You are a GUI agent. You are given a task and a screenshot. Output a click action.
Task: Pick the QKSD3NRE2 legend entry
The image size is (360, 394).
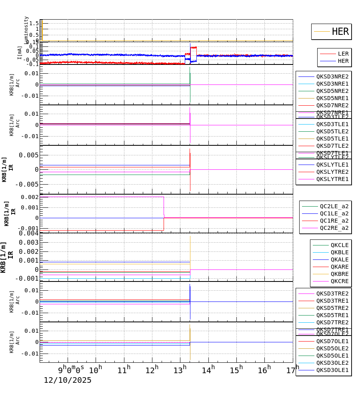332,76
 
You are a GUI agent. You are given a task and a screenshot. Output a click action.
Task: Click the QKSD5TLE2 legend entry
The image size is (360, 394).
332,131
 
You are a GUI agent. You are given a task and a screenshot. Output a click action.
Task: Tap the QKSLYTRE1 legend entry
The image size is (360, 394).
332,179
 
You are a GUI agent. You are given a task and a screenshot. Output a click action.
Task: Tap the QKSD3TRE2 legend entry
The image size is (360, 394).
332,293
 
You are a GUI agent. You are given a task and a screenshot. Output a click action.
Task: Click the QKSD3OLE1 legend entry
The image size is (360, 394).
332,370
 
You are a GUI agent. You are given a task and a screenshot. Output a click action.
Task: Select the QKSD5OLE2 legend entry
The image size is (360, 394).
332,348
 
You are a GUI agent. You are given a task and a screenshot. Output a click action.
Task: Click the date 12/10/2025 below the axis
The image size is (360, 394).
68,380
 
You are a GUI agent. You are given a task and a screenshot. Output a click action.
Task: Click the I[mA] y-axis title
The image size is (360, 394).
20,53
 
